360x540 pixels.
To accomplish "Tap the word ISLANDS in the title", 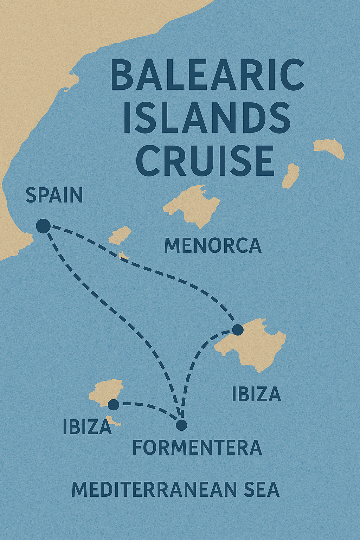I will (x=207, y=118).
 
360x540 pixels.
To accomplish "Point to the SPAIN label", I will (x=54, y=195).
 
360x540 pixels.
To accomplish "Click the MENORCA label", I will (x=213, y=246).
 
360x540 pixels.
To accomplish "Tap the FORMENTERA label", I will (x=197, y=448).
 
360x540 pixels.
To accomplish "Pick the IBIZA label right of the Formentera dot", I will (x=256, y=394).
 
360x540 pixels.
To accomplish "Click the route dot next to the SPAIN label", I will (x=43, y=226).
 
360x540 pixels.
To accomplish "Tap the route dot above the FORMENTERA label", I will (x=181, y=425).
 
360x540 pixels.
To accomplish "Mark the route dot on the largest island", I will (x=238, y=330).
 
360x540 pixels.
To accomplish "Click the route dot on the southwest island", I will (x=114, y=405).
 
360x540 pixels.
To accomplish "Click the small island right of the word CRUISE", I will (x=291, y=175).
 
